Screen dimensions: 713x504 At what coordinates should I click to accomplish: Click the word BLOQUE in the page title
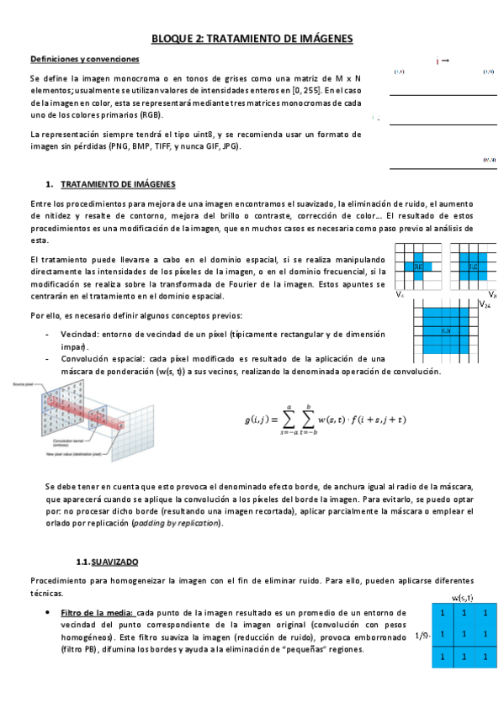[173, 39]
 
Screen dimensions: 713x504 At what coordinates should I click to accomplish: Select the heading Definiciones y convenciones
[85, 60]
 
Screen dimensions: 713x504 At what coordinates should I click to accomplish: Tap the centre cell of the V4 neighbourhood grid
[418, 267]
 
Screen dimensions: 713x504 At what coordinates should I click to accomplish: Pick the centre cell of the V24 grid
[446, 330]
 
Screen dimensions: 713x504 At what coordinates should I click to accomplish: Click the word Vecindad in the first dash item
[79, 335]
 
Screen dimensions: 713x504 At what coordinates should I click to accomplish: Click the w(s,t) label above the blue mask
[461, 597]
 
